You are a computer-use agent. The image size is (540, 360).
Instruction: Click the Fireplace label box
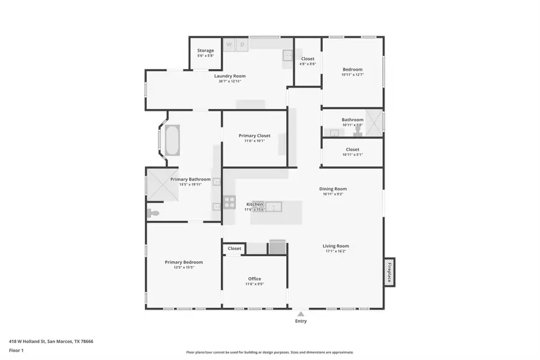point(389,272)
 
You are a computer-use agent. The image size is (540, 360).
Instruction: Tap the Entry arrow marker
point(301,313)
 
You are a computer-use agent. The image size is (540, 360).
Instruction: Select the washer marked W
point(229,44)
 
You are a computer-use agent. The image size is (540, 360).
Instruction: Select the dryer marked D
point(242,44)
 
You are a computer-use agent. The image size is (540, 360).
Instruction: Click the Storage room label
point(206,50)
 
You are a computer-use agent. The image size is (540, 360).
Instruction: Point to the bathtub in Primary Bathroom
point(172,140)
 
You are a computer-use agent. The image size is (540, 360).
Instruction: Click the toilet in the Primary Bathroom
point(154,213)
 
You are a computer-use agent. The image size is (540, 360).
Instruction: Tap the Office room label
point(254,279)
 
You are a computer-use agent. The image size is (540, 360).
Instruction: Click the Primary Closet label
point(254,136)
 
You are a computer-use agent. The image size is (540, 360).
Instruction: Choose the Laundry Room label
point(230,76)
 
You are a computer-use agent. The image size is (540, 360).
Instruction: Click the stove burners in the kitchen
point(229,202)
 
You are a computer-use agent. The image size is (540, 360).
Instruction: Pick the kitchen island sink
point(274,207)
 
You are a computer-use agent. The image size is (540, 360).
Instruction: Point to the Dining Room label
point(332,189)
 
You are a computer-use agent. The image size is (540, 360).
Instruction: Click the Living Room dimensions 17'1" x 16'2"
point(335,251)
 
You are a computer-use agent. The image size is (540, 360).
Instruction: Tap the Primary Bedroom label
point(184,262)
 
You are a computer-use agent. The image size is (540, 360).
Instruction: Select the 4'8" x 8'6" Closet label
point(308,59)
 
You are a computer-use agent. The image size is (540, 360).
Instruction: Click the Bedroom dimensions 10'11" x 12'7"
point(353,74)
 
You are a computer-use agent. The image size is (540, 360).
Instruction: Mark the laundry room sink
point(288,56)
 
